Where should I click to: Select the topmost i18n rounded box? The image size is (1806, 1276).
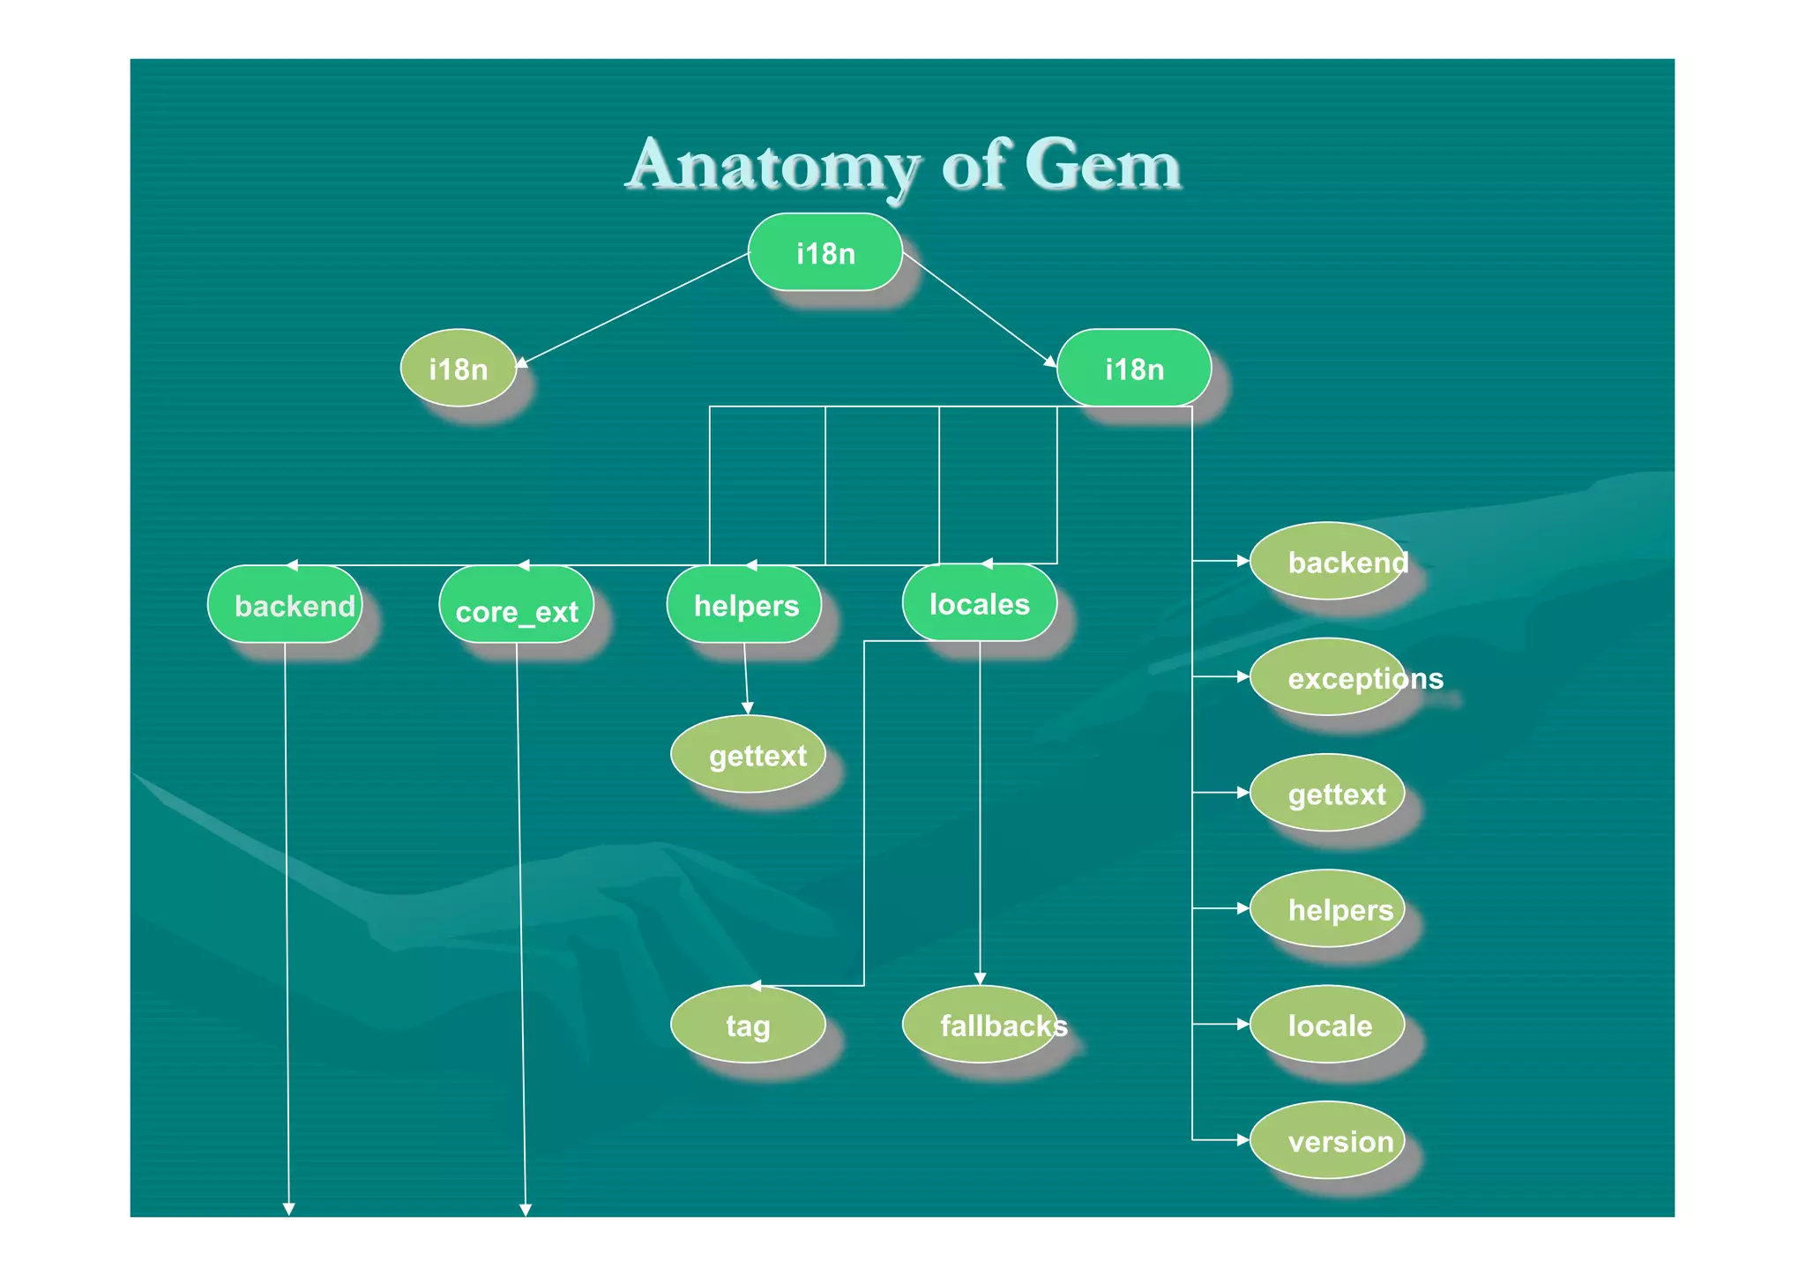pos(825,253)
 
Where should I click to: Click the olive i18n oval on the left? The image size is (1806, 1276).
pos(459,369)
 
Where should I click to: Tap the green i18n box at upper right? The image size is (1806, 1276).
pos(1134,369)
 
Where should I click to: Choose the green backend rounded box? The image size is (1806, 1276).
pos(286,605)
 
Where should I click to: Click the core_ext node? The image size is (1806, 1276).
pos(517,607)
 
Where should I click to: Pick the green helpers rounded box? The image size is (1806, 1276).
pos(745,605)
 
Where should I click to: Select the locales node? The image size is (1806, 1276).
pos(979,604)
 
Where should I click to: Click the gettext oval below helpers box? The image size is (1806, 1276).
pos(748,755)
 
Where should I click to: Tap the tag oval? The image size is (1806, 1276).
pos(748,1025)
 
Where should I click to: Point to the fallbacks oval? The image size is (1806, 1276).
pos(981,1025)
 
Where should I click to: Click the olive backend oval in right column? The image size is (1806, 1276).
pos(1328,562)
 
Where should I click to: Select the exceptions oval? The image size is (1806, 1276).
pos(1328,677)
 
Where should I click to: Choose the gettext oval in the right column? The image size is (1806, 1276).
pos(1328,794)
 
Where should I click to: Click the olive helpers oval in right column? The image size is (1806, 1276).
pos(1328,909)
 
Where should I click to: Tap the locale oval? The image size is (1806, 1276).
pos(1328,1025)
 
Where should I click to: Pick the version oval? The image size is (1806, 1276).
pos(1328,1141)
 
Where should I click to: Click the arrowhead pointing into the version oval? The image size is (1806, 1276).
pos(1243,1140)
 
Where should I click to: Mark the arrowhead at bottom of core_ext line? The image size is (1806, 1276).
pos(526,1211)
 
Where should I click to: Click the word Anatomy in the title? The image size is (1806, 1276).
pos(774,166)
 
